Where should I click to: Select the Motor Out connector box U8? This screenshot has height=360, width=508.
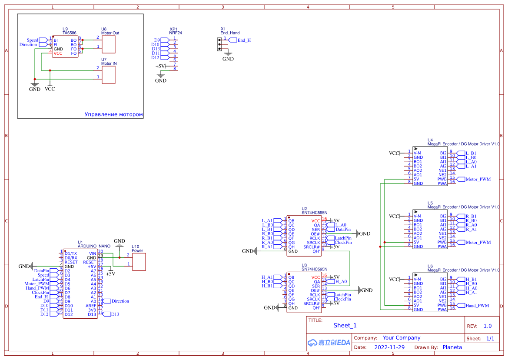tap(109, 44)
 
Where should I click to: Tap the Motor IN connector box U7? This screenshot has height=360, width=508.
tap(109, 74)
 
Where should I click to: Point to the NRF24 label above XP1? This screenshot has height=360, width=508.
tap(176, 33)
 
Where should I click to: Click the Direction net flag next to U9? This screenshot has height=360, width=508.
tap(29, 44)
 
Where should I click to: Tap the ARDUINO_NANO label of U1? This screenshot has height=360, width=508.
tap(94, 246)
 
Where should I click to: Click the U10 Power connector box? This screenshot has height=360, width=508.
tap(139, 261)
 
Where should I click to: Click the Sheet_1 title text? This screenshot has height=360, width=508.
tap(345, 325)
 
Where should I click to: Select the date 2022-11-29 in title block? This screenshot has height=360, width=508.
tap(389, 347)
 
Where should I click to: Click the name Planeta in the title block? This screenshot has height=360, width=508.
tap(452, 347)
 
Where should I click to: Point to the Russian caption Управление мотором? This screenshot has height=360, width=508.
tap(113, 114)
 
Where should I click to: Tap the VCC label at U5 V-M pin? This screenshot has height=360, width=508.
tap(394, 216)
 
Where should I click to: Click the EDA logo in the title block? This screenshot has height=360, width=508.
tap(329, 343)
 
